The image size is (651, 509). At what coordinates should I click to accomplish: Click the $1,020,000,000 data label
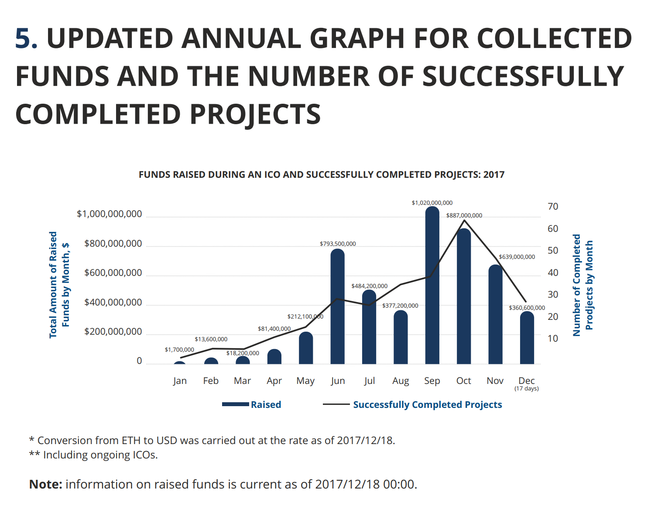[432, 203]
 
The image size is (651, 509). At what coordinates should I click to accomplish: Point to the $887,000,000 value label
[464, 215]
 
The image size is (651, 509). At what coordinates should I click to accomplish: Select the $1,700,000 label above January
[179, 350]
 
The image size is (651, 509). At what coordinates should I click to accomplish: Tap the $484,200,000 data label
[369, 286]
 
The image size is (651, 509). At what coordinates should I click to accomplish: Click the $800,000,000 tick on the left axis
[113, 244]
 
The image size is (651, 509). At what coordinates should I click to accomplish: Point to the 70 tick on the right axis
[553, 207]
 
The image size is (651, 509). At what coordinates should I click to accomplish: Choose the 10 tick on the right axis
[553, 339]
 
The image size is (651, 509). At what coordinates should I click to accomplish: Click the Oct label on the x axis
[463, 381]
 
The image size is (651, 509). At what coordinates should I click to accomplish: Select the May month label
[305, 381]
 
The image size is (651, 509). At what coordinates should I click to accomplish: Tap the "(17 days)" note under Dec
[526, 389]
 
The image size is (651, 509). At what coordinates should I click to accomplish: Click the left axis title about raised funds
[59, 285]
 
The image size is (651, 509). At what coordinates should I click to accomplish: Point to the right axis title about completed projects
[582, 285]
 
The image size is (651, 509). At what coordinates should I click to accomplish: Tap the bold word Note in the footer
[45, 484]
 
